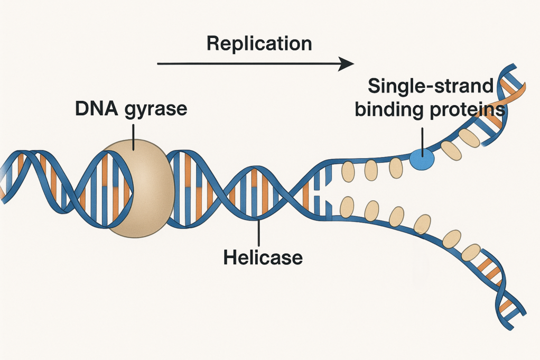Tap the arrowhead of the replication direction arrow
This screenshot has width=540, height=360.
coord(347,64)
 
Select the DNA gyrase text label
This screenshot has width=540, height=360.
coord(131,109)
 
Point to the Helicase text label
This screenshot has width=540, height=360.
coord(263,257)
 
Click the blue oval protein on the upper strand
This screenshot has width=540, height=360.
coord(421,159)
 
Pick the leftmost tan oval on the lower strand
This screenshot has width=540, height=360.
coord(347,205)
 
